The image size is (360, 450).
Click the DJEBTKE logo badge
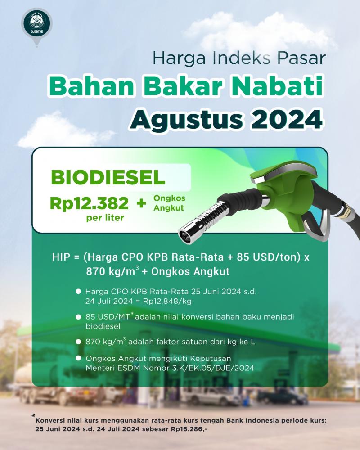tap(37, 24)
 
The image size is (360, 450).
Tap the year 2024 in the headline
tap(287, 119)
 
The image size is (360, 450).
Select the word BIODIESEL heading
tap(108, 177)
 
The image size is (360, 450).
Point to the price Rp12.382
tap(89, 203)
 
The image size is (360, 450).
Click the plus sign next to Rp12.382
tap(141, 203)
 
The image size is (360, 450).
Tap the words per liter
tap(105, 218)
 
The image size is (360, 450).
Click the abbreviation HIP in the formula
tap(61, 257)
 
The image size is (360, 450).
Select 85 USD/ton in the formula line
tap(267, 257)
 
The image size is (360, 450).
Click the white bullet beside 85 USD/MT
tap(78, 317)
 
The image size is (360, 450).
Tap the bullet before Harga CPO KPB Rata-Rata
tap(78, 292)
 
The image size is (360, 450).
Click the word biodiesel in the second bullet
tap(103, 326)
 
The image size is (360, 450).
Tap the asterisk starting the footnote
tap(34, 415)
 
